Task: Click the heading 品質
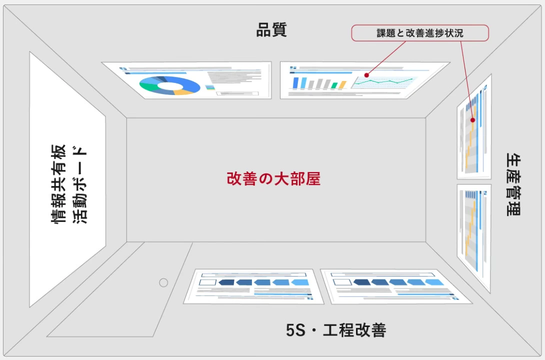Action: coord(271,30)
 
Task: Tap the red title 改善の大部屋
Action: coord(273,179)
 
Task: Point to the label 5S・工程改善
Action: coord(336,330)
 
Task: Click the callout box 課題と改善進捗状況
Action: coord(419,33)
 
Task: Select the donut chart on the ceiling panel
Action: coord(169,85)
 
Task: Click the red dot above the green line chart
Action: coord(366,75)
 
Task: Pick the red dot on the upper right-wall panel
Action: coord(473,120)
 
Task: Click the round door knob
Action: coord(163,282)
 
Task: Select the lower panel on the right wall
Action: coord(473,235)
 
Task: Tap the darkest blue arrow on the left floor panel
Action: coord(226,282)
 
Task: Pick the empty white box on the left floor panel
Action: coord(207,282)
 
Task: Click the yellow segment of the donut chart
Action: coord(183,92)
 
